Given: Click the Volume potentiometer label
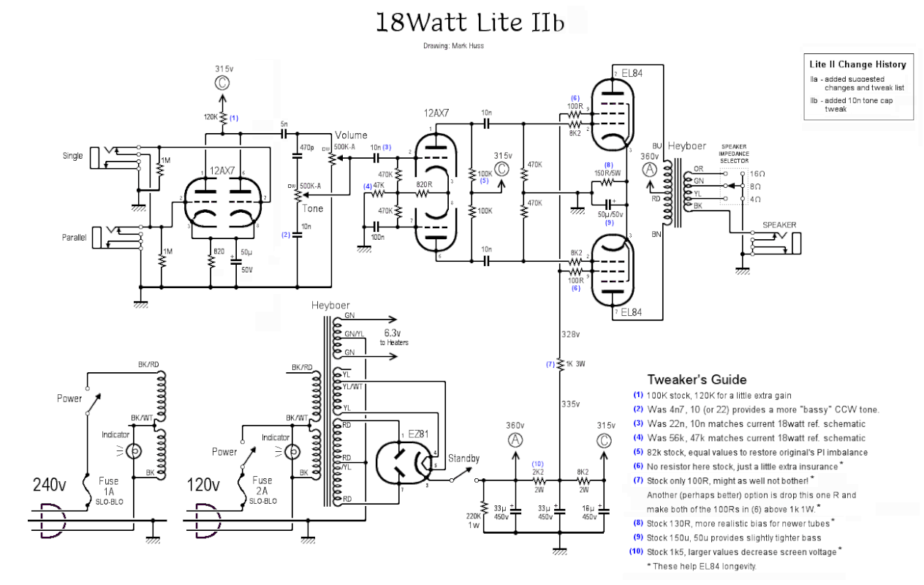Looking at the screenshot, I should [351, 135].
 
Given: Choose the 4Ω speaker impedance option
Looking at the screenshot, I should [756, 199].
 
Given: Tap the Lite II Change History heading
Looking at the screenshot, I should [857, 64].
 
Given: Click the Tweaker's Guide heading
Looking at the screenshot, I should [697, 380].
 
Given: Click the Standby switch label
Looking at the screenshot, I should [463, 458].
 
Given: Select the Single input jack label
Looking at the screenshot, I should [73, 156].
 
